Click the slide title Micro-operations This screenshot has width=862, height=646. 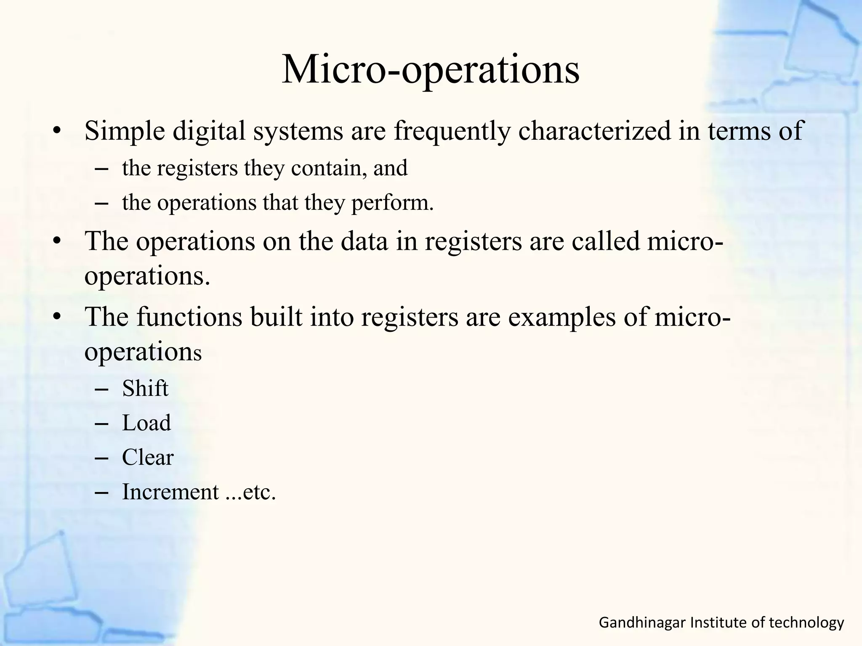pyautogui.click(x=430, y=69)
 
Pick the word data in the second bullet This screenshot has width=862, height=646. pyautogui.click(x=364, y=241)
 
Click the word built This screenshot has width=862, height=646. pyautogui.click(x=276, y=317)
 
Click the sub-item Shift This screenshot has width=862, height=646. pyautogui.click(x=145, y=388)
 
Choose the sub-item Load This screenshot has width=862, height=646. pyautogui.click(x=146, y=423)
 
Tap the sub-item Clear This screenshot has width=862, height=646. pyautogui.click(x=148, y=458)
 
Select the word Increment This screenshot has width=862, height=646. pyautogui.click(x=170, y=492)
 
